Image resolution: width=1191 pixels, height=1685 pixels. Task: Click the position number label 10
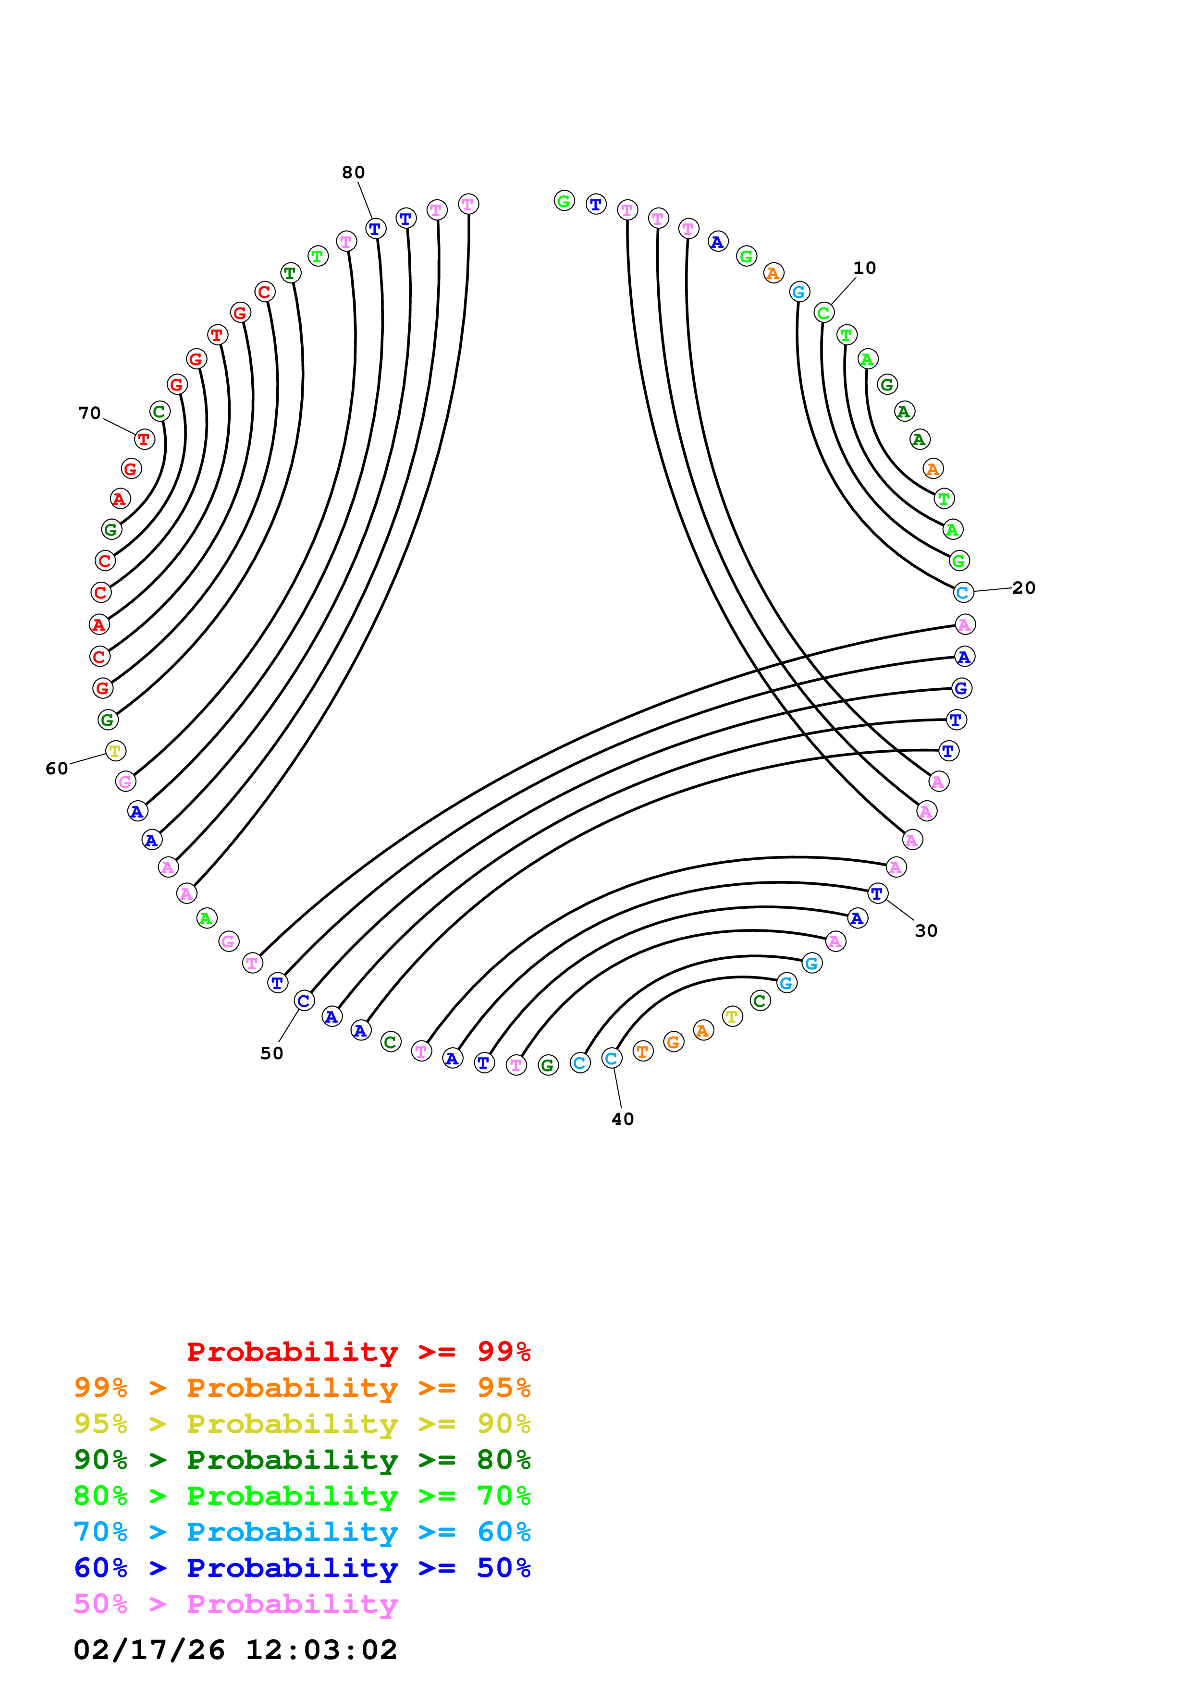(864, 268)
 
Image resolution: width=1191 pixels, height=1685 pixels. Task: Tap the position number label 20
(1024, 588)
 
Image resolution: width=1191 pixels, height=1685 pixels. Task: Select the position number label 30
(926, 930)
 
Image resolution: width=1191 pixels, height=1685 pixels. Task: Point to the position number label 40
(622, 1119)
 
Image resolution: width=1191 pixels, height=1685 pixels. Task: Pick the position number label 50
(271, 1053)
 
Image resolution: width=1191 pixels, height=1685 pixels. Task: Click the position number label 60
(57, 769)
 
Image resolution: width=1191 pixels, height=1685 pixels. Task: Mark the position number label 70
(89, 413)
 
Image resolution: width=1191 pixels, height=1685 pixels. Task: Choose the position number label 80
(353, 172)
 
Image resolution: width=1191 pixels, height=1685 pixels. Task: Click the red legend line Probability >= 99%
(358, 1351)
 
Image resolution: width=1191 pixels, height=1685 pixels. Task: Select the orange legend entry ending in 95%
(302, 1388)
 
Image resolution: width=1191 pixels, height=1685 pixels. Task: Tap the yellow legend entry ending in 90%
(302, 1424)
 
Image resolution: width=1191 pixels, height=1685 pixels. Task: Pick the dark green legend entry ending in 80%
(302, 1460)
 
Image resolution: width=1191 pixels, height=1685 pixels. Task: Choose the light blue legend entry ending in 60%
(302, 1532)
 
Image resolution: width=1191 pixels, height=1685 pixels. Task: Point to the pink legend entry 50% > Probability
(235, 1603)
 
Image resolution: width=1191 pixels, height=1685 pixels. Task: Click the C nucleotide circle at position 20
(963, 592)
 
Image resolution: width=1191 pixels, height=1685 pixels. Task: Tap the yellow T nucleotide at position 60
(115, 751)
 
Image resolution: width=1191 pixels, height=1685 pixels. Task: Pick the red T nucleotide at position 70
(145, 440)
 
